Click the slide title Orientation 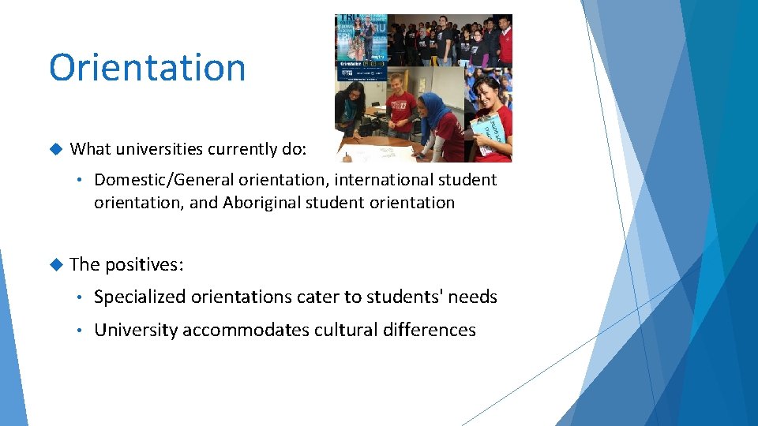point(147,68)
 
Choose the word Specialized point(139,297)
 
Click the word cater point(317,297)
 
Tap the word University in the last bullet point(136,330)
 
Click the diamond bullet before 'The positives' point(55,264)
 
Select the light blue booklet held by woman point(483,134)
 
